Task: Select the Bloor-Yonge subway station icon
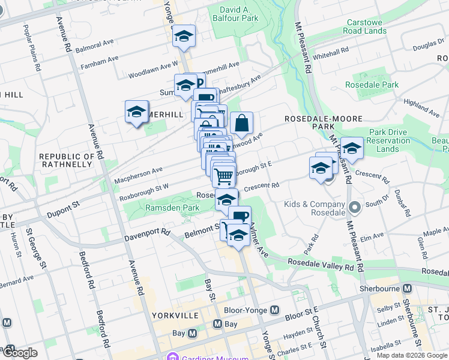point(275,310)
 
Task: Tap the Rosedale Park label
point(376,85)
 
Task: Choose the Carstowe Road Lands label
point(365,26)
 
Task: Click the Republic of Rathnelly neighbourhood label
point(67,161)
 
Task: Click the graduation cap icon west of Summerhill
point(137,112)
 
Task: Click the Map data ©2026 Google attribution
point(412,355)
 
